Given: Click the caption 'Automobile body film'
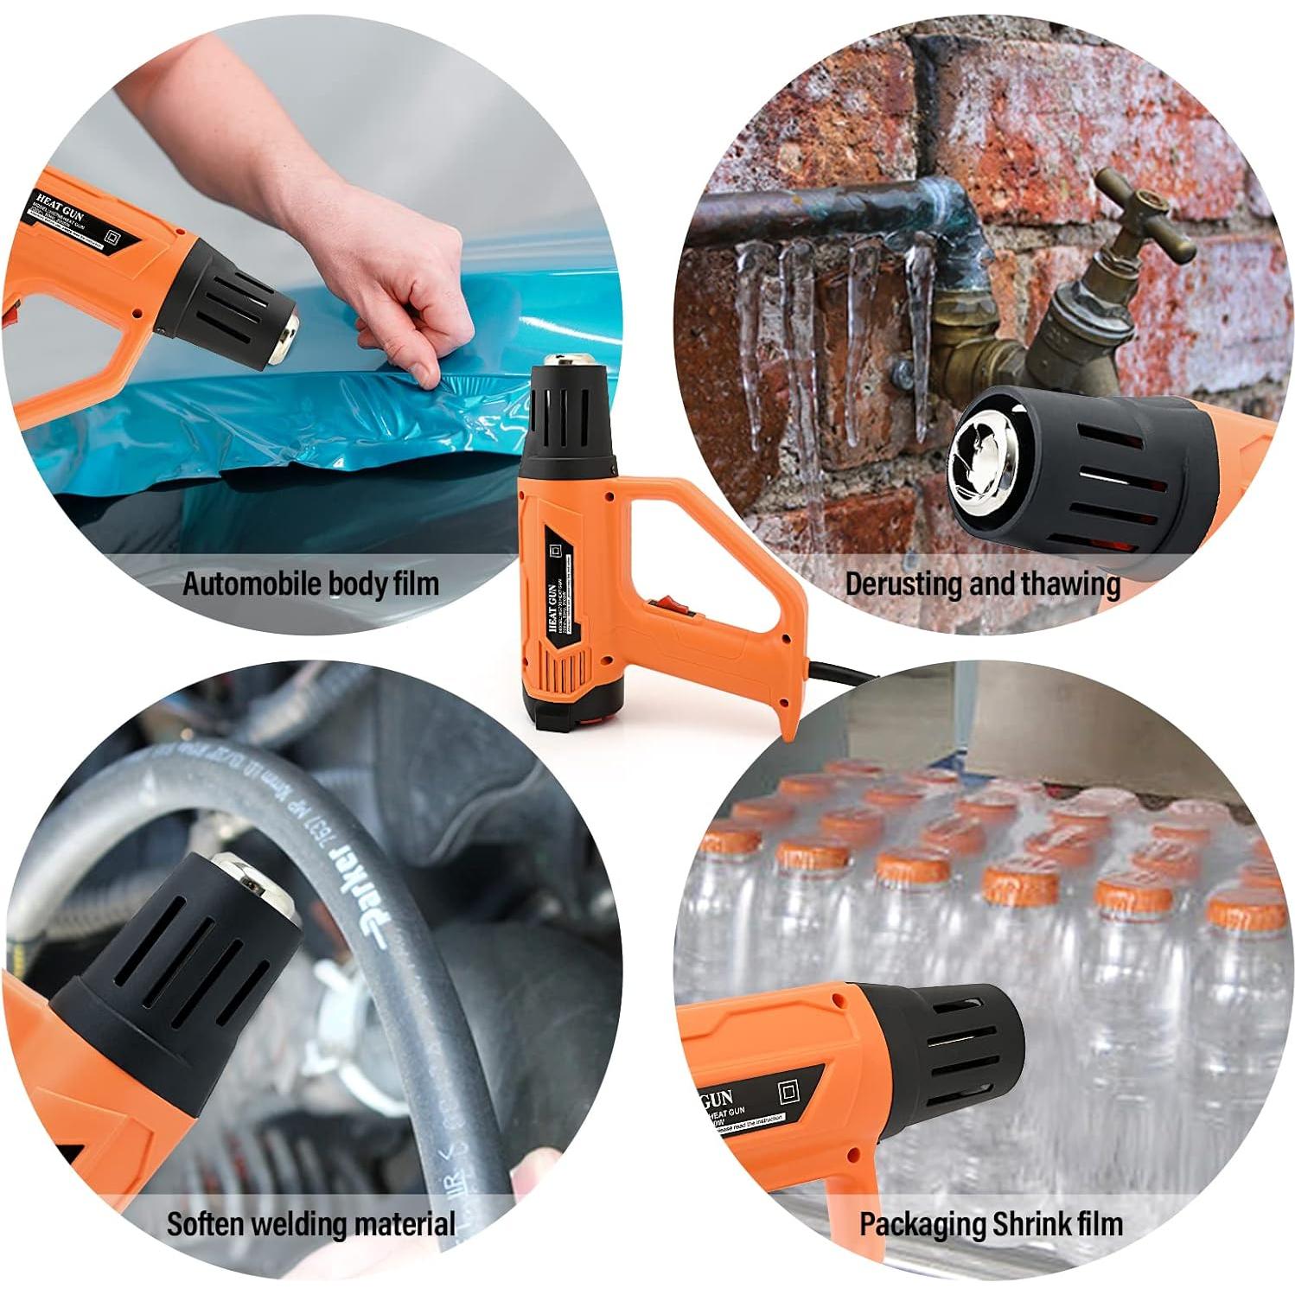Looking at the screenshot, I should pyautogui.click(x=310, y=584).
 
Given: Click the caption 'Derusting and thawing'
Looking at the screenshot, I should pyautogui.click(x=982, y=584).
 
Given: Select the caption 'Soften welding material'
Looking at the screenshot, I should pyautogui.click(x=310, y=1224).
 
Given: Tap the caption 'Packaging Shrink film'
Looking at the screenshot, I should pyautogui.click(x=991, y=1224).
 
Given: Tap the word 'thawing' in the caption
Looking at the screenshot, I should pyautogui.click(x=1070, y=584).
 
